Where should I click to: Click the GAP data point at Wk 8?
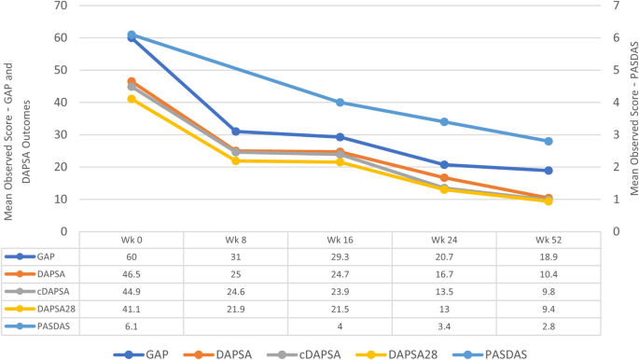[236, 132]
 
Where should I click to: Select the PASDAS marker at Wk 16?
[340, 103]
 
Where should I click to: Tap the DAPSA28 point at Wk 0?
[132, 99]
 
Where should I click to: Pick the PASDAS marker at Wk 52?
[549, 141]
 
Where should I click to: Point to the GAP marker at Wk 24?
[444, 165]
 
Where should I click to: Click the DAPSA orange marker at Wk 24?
[444, 177]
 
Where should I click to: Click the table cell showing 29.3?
[340, 256]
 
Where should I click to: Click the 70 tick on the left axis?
[62, 6]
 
